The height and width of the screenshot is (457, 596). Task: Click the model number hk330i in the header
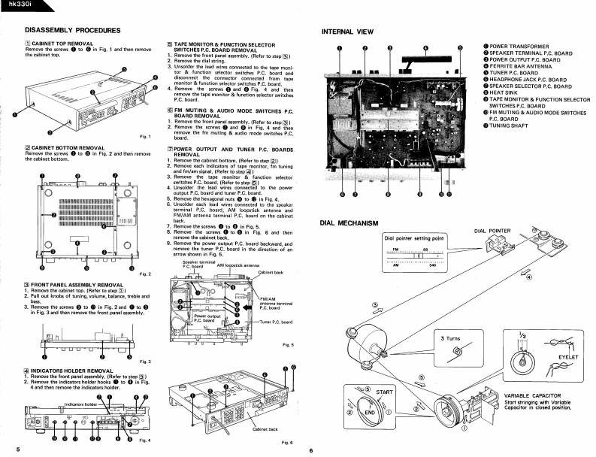[x=17, y=6]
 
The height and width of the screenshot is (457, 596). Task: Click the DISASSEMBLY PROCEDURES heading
[x=73, y=30]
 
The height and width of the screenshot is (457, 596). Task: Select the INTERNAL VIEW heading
[x=348, y=32]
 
